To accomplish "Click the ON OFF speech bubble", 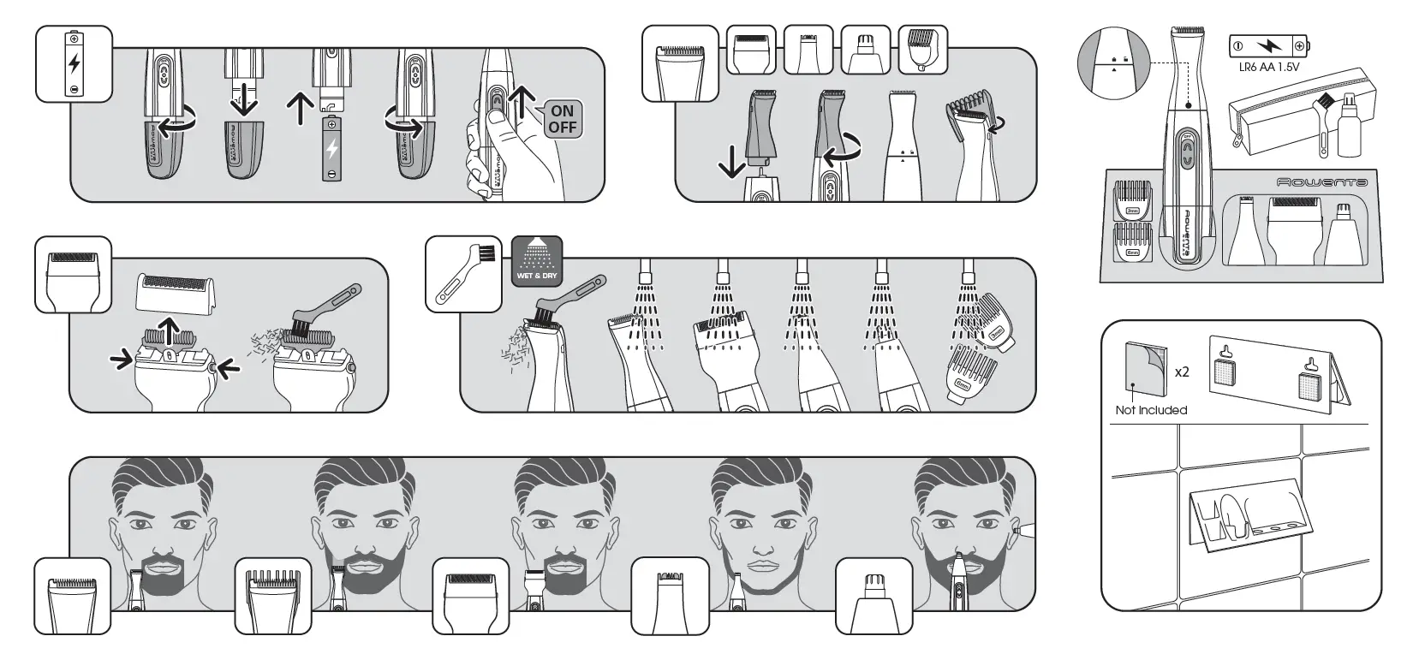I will click(562, 119).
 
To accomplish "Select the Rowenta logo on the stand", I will click(1321, 182).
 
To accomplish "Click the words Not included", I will click(1151, 410).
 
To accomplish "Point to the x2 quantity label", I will click(1182, 372).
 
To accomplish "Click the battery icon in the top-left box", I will click(75, 63).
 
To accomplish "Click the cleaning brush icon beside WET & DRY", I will click(463, 274).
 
